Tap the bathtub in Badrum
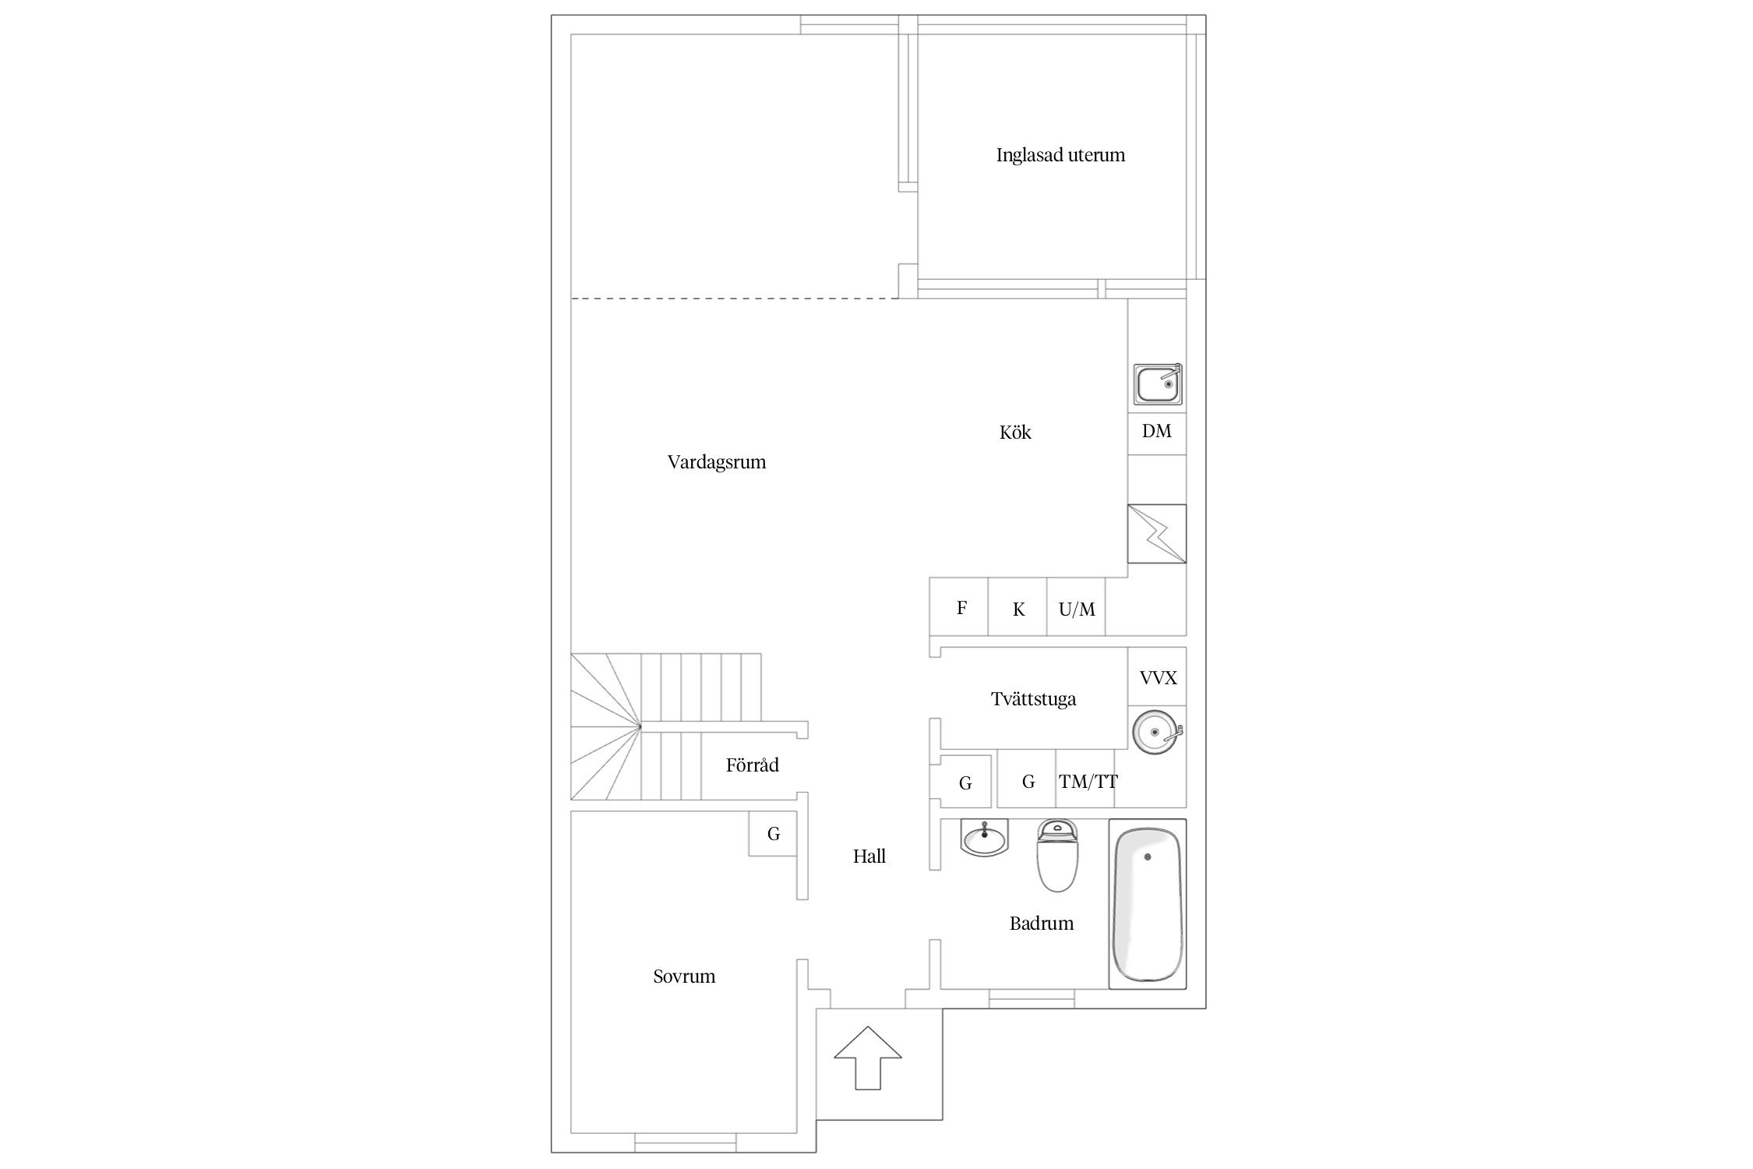[x=1148, y=904]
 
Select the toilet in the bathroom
[x=1057, y=855]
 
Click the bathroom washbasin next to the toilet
[x=984, y=838]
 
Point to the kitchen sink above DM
[x=1157, y=384]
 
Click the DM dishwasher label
[x=1157, y=431]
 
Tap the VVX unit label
[x=1158, y=678]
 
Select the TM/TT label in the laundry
[x=1088, y=782]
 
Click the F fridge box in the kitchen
[x=959, y=606]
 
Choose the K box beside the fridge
[x=1018, y=606]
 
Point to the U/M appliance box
[x=1076, y=606]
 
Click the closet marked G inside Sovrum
[x=773, y=834]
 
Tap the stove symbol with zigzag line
[x=1157, y=534]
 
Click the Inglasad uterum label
[x=1060, y=155]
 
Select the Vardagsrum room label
[x=717, y=462]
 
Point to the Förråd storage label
[x=752, y=765]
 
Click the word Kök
[x=1015, y=432]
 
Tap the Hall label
[x=869, y=856]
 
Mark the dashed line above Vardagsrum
[x=735, y=298]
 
